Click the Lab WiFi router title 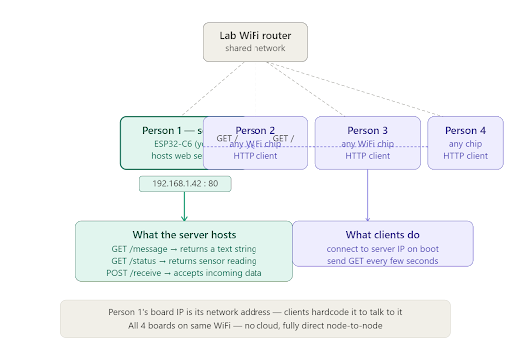point(255,36)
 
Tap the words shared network point(255,48)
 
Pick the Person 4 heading point(466,130)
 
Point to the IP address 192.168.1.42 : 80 point(185,183)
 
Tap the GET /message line point(185,249)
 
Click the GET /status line point(185,261)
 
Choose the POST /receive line point(185,273)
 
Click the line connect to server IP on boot point(382,248)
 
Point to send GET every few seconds point(382,260)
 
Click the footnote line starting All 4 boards point(255,326)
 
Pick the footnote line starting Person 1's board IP point(255,312)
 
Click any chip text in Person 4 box point(466,143)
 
